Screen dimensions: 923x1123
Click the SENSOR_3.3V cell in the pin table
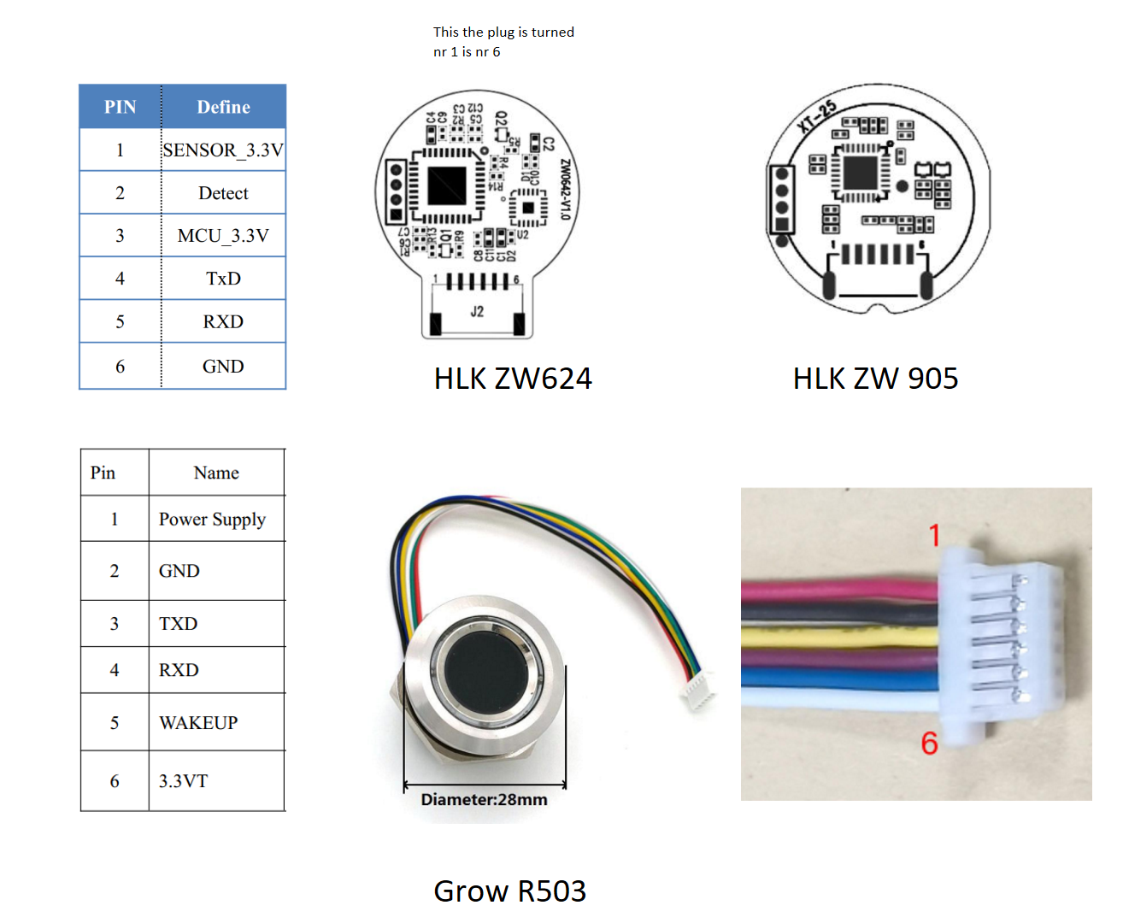point(223,150)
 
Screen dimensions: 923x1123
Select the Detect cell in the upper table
point(223,193)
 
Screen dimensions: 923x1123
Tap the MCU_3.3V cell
point(223,236)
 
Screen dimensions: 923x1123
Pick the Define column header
point(223,107)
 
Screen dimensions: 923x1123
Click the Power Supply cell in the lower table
point(212,520)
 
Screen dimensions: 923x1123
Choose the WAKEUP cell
point(198,723)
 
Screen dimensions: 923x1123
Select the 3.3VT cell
point(183,781)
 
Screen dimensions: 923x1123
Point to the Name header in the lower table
point(216,473)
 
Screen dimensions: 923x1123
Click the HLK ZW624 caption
point(513,379)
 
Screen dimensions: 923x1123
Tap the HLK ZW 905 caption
point(875,379)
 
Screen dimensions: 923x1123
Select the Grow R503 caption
point(510,891)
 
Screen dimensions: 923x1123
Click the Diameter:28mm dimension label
point(484,800)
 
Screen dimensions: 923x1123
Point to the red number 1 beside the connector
point(934,536)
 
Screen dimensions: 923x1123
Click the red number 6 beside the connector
point(929,743)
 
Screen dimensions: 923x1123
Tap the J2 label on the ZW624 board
point(477,312)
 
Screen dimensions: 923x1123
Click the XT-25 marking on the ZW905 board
point(817,117)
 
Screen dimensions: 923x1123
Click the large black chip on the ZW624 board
point(447,185)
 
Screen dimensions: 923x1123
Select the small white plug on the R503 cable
point(699,690)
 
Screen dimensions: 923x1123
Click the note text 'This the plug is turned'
point(503,32)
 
